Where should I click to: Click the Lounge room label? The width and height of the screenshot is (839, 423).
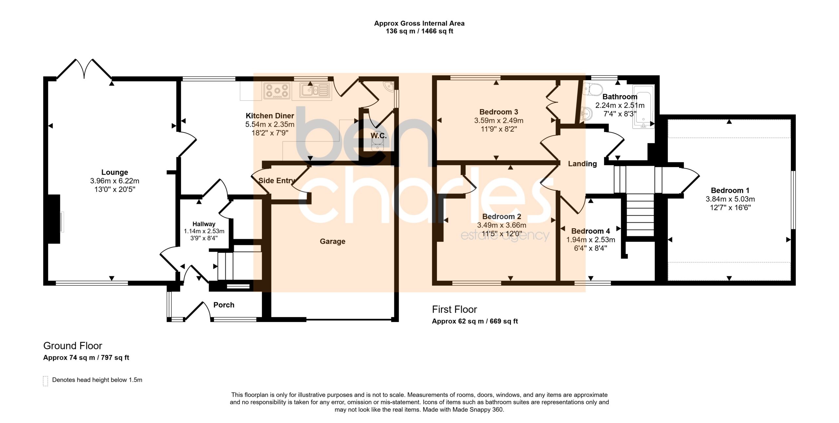point(114,172)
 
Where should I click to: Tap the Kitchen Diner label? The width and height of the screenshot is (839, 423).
point(270,116)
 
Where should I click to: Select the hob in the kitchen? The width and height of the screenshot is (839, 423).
point(277,91)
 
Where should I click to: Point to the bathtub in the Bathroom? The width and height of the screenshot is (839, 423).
point(643,106)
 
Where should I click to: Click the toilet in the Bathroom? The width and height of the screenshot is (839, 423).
point(593,89)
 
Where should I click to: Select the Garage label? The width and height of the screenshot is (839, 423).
point(332,241)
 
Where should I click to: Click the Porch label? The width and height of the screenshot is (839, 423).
point(224,305)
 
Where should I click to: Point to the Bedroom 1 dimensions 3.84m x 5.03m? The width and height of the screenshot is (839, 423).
point(730,199)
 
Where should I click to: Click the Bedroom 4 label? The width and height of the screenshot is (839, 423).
point(591,231)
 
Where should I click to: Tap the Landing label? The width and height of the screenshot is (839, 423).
point(582,164)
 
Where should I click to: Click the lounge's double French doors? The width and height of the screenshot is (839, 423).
point(84,69)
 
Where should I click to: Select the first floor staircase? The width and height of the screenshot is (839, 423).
point(640,215)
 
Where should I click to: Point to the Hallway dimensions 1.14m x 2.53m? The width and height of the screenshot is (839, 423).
point(204,231)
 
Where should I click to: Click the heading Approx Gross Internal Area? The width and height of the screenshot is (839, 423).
point(419,24)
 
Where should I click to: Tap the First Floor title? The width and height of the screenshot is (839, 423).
point(454,309)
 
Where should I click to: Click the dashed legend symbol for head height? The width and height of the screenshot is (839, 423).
point(46,381)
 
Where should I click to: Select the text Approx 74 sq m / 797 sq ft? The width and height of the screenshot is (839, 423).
point(86,357)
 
